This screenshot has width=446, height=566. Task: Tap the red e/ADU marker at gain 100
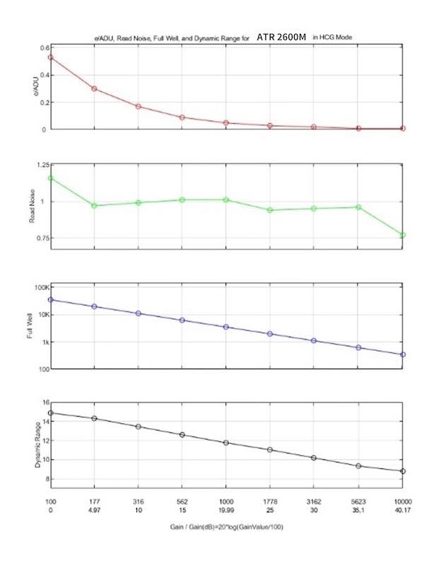50,57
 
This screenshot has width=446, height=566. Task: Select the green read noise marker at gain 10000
403,235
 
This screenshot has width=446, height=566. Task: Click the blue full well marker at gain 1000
226,327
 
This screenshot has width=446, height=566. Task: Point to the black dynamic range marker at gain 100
50,412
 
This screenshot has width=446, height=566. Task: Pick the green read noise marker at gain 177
94,206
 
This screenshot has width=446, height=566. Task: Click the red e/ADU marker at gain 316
139,107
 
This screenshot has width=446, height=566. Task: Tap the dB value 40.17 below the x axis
403,509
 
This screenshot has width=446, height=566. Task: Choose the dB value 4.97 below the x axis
94,509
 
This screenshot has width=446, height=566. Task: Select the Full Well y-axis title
29,328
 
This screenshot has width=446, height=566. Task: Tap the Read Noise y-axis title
29,205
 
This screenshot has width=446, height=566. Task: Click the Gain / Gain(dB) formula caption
226,528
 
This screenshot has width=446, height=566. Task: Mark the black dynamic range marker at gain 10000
403,471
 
